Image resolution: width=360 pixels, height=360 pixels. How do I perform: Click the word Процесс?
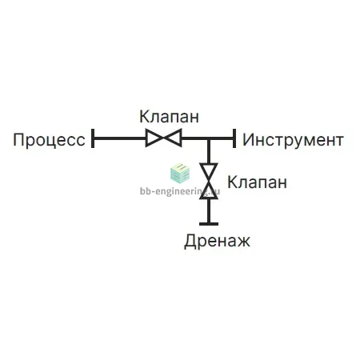tap(50, 140)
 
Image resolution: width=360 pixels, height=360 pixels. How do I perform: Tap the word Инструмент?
tap(293, 140)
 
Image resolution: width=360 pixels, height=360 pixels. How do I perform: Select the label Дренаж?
tap(218, 241)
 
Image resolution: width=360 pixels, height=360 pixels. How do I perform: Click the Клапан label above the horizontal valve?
tap(170, 117)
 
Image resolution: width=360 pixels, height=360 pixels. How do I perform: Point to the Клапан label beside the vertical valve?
tap(257, 182)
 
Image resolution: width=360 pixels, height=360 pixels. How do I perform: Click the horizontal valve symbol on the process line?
tap(164, 138)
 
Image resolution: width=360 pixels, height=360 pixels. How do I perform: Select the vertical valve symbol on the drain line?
tap(209, 181)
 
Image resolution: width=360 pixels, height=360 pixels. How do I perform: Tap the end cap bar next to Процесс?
tap(93, 138)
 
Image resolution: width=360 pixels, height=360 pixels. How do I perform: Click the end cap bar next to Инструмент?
tap(234, 138)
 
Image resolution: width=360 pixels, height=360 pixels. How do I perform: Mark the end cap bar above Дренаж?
tap(209, 224)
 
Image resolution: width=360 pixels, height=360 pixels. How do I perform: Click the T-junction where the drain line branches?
tap(209, 138)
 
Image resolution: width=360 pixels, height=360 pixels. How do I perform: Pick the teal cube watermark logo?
tap(180, 174)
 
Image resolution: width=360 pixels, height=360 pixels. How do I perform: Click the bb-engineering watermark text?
tap(180, 191)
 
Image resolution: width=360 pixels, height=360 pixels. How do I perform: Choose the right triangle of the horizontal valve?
tap(174, 138)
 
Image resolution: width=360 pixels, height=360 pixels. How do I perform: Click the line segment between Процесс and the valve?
tap(120, 138)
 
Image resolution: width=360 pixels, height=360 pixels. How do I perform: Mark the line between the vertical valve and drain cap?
tap(209, 210)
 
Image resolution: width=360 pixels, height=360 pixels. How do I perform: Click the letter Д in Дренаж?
tap(190, 242)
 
